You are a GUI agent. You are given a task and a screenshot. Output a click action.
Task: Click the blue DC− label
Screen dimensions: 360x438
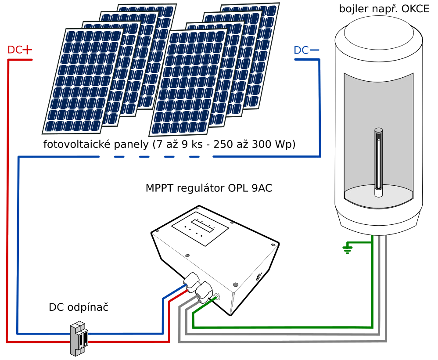click(306, 50)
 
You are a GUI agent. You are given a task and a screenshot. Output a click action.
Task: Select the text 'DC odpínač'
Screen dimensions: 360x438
click(79, 307)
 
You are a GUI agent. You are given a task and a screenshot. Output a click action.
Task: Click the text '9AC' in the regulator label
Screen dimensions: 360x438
click(264, 188)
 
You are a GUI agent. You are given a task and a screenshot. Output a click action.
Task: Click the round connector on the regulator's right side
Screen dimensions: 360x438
click(258, 277)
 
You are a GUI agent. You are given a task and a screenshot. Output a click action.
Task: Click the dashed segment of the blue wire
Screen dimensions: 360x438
click(127, 157)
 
